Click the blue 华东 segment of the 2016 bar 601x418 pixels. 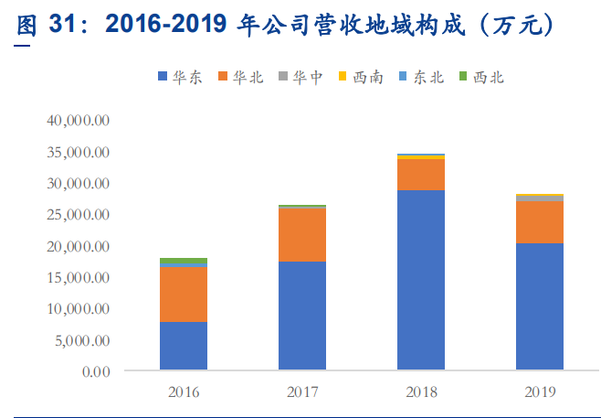pos(184,347)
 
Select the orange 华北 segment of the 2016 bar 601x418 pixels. pos(184,294)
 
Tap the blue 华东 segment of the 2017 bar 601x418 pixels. pos(302,316)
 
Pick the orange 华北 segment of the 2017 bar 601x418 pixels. pos(302,235)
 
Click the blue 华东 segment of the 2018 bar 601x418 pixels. pos(421,281)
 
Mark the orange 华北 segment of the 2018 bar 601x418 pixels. pos(421,175)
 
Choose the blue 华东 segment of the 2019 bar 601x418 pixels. pos(539,307)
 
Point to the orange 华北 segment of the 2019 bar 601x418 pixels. pos(539,222)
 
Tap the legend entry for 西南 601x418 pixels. pos(362,78)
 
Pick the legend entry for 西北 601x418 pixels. pos(480,78)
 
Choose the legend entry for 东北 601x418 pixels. pos(421,78)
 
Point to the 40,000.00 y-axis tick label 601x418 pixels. pos(79,121)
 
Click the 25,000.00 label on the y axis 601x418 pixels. pos(79,215)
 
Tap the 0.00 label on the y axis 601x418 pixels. pos(95,372)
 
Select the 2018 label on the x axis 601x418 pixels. pos(421,391)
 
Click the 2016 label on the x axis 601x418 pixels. pos(184,391)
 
